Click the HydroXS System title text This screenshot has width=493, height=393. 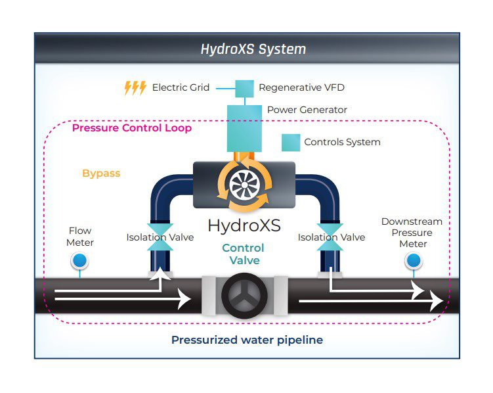point(253,49)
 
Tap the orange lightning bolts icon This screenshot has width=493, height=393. point(135,88)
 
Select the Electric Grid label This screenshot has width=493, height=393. point(181,87)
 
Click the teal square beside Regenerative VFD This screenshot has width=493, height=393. point(244,87)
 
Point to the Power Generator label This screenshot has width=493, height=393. point(307,110)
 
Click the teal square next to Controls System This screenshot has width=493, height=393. point(290,142)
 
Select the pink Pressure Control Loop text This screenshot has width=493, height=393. point(131,128)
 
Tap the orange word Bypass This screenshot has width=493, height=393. point(101,173)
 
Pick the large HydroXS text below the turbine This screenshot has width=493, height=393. point(244,225)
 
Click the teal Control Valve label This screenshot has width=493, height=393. point(243,254)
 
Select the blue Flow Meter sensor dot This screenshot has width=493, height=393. point(79,262)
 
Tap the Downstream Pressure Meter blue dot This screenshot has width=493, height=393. point(413,262)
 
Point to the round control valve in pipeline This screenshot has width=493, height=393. point(244,297)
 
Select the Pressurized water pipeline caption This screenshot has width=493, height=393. point(247,340)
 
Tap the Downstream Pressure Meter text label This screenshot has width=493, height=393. point(412,233)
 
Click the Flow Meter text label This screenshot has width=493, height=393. point(81,237)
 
